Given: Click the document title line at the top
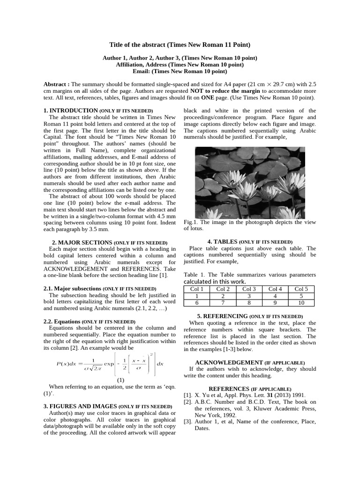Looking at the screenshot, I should click(180, 45).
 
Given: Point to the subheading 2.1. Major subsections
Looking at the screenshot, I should click(72, 289).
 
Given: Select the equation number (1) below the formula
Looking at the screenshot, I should click(121, 380).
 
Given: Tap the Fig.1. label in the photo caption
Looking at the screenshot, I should click(190, 222).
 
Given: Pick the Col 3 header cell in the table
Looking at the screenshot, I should click(249, 289).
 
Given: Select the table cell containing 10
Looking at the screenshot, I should click(301, 303).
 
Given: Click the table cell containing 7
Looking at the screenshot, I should click(223, 303).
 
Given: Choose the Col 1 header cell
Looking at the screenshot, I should click(197, 289).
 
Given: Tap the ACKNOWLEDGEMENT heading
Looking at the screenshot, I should click(229, 362).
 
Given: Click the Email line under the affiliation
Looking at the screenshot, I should click(180, 72).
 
